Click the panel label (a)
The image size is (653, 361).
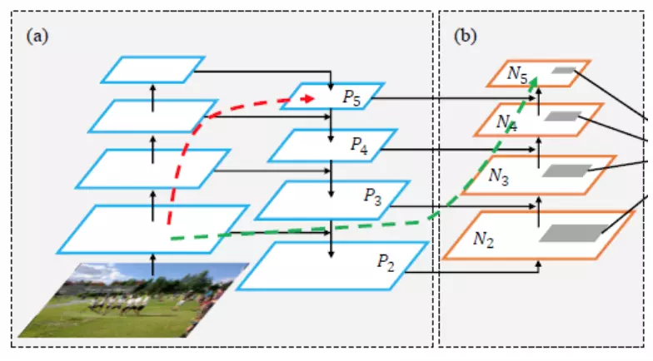click(37, 37)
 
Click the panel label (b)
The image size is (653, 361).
click(465, 37)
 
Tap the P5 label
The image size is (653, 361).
click(351, 98)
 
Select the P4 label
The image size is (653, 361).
click(359, 146)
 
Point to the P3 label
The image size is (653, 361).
click(373, 196)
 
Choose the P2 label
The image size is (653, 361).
click(386, 263)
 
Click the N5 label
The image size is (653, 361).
click(518, 75)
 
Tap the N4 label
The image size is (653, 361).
click(506, 123)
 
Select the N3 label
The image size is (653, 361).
click(498, 176)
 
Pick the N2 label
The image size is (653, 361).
click(483, 240)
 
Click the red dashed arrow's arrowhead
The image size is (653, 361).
click(308, 98)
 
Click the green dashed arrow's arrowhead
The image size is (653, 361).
click(533, 82)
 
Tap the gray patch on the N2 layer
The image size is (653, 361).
click(574, 233)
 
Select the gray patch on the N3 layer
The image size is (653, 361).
click(566, 171)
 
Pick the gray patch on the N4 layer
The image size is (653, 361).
click(563, 116)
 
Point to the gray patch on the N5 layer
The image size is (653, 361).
click(564, 70)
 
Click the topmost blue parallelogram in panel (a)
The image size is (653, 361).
click(153, 70)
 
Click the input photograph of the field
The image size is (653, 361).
click(133, 299)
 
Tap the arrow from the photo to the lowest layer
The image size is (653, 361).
click(153, 265)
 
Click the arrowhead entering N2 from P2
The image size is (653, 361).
click(538, 265)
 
